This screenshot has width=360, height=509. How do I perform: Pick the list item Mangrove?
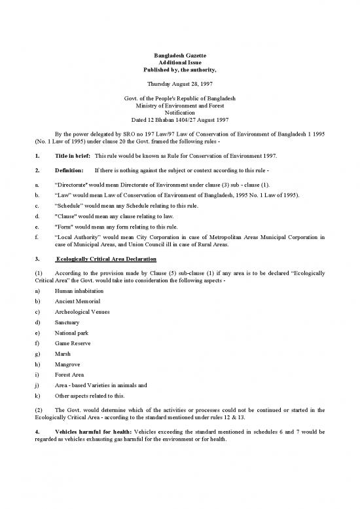coord(68,375)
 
